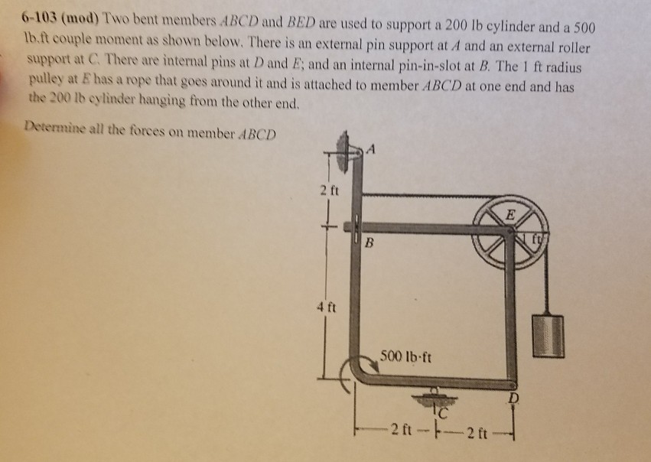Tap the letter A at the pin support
pyautogui.click(x=372, y=148)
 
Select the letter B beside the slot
pyautogui.click(x=369, y=242)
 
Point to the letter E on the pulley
pyautogui.click(x=510, y=215)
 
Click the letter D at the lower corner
pyautogui.click(x=514, y=399)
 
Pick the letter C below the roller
pyautogui.click(x=443, y=412)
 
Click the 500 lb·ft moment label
pyautogui.click(x=405, y=356)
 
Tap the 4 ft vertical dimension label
pyautogui.click(x=327, y=308)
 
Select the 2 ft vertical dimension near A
pyautogui.click(x=330, y=191)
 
